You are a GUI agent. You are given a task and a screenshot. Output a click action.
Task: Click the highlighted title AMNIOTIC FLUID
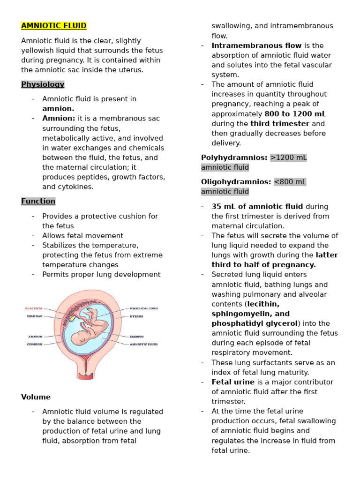(x=54, y=26)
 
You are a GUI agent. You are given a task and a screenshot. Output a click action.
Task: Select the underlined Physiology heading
(x=43, y=84)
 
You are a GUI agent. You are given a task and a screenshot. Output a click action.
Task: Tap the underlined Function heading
(x=38, y=201)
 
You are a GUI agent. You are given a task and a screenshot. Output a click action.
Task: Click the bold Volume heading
(x=36, y=397)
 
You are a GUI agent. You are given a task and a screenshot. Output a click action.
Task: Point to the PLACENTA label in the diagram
(x=34, y=308)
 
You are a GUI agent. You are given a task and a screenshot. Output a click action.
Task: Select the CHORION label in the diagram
(x=34, y=344)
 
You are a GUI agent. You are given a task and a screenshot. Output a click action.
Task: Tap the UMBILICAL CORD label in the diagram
(x=144, y=308)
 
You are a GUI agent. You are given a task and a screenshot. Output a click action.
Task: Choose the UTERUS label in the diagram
(x=136, y=316)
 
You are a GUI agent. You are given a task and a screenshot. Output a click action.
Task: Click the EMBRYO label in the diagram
(x=136, y=337)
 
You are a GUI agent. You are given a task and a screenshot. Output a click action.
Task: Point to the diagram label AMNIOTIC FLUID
(x=143, y=344)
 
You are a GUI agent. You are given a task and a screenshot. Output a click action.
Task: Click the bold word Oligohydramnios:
(x=236, y=181)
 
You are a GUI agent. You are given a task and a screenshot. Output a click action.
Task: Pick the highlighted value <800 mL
(x=290, y=181)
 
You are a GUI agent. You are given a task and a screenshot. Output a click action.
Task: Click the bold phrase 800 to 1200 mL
(x=295, y=114)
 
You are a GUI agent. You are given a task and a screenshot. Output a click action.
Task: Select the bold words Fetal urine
(x=233, y=382)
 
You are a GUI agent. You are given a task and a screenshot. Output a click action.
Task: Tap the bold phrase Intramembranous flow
(x=256, y=45)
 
